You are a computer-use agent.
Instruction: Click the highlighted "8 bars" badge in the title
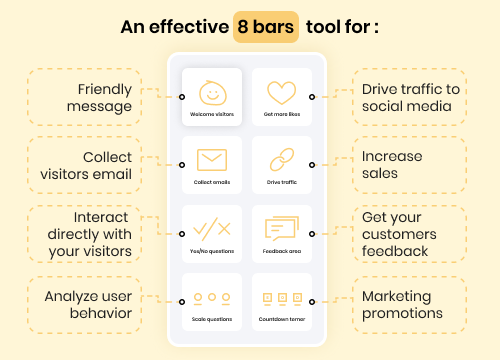pos(266,27)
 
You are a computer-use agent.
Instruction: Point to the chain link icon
pos(282,160)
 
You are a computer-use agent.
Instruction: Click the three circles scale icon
pos(212,297)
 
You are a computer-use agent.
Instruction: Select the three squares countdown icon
pos(282,297)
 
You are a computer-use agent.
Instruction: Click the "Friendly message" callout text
pos(99,98)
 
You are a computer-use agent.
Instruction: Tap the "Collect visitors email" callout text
pos(86,166)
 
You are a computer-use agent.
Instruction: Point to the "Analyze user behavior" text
pos(88,305)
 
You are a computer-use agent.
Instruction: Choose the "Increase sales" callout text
pos(392,165)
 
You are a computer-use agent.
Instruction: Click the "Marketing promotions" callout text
pos(402,305)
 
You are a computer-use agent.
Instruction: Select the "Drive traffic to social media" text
pos(411,98)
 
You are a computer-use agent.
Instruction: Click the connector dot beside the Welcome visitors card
pos(182,97)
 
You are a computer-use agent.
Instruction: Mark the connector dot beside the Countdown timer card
pos(312,302)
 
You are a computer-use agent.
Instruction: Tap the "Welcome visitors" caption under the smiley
pos(212,114)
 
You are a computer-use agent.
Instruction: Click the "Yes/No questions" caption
pos(212,251)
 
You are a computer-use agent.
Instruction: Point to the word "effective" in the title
pos(189,27)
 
